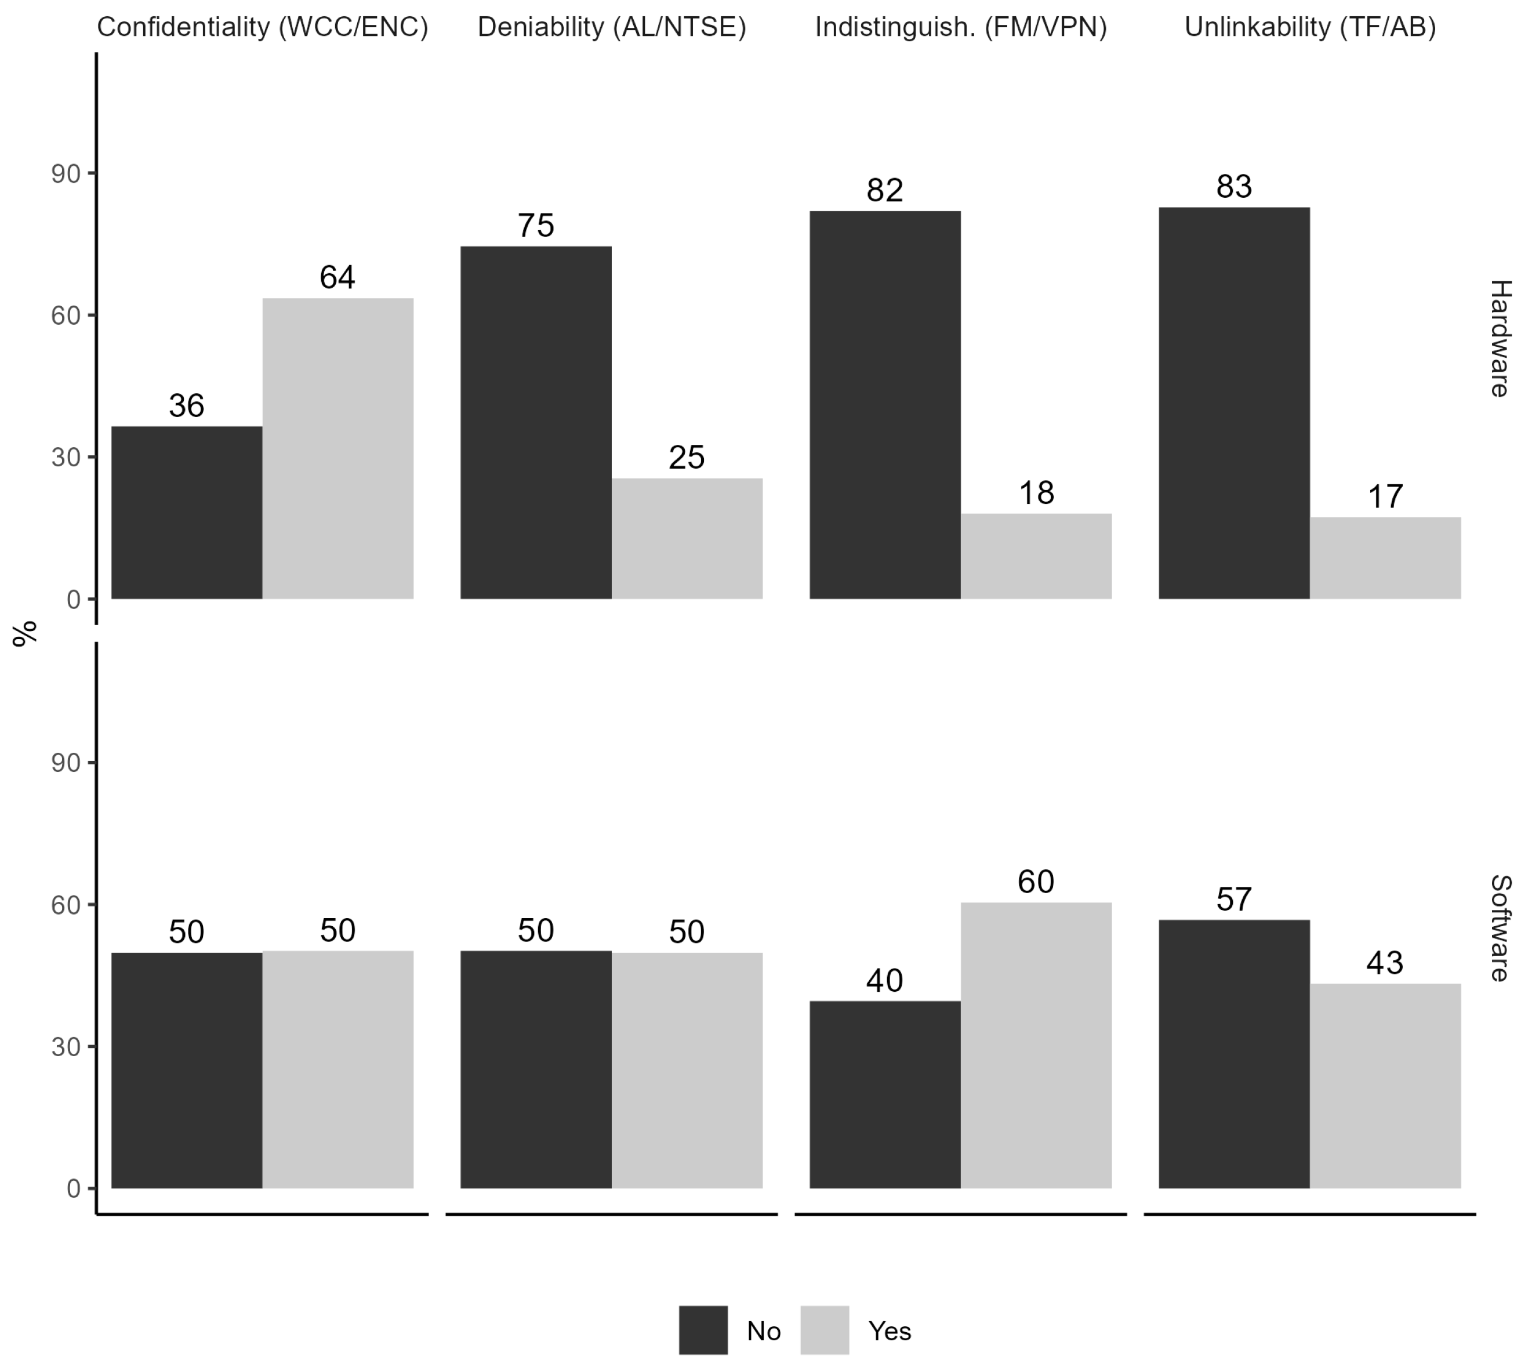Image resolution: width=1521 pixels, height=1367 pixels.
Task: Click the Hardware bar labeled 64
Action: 337,448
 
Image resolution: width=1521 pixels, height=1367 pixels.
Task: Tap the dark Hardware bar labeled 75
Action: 536,422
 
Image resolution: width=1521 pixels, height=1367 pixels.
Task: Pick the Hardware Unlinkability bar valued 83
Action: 1233,403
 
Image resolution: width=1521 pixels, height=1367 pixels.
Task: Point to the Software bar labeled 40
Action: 885,1094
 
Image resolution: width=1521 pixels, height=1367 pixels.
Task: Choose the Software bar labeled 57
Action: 1233,1054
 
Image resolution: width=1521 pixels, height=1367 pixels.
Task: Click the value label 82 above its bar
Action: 885,190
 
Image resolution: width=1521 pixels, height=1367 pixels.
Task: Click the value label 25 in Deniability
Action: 687,458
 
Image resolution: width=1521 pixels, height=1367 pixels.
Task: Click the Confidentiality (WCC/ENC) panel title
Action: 262,27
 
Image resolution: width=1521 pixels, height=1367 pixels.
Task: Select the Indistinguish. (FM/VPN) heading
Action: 961,27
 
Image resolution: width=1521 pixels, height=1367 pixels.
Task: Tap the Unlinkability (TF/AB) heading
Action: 1310,27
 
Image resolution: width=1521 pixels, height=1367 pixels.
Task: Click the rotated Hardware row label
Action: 1498,338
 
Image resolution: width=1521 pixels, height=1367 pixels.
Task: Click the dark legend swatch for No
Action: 703,1330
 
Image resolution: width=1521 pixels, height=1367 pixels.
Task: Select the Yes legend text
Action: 890,1331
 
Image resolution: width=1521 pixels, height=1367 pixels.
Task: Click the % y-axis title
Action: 25,633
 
